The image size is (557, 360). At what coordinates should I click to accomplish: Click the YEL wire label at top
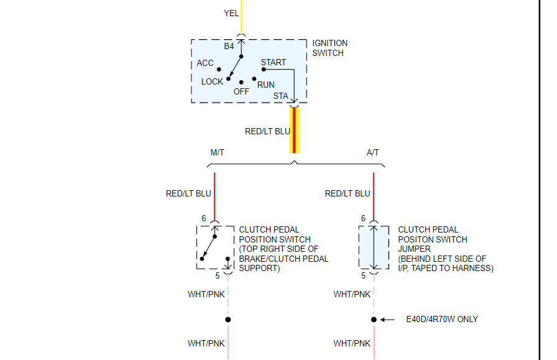[231, 13]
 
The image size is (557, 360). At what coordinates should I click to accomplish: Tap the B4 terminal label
[229, 47]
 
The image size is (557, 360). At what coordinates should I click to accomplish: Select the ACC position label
[205, 63]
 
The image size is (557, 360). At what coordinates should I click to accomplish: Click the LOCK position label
[212, 81]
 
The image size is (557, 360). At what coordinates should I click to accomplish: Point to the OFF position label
[241, 91]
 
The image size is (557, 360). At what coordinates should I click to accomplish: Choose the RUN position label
[266, 85]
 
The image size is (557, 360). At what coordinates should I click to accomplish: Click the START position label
[274, 62]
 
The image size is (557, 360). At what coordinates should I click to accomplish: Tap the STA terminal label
[281, 96]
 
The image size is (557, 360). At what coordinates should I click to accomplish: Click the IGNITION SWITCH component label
[329, 48]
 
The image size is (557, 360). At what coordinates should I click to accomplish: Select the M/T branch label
[218, 152]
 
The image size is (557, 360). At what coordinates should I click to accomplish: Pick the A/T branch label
[373, 152]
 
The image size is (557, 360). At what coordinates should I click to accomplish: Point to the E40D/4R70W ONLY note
[441, 319]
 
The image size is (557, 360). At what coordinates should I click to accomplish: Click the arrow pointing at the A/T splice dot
[388, 320]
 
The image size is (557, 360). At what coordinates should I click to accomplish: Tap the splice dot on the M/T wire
[228, 320]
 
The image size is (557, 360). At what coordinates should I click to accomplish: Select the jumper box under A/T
[374, 247]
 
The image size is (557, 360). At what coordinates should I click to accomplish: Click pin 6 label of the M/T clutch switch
[204, 219]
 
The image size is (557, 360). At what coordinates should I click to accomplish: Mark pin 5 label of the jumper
[364, 275]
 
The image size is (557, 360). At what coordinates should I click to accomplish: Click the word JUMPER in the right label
[414, 249]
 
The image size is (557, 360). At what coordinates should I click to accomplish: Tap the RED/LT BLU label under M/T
[188, 193]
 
